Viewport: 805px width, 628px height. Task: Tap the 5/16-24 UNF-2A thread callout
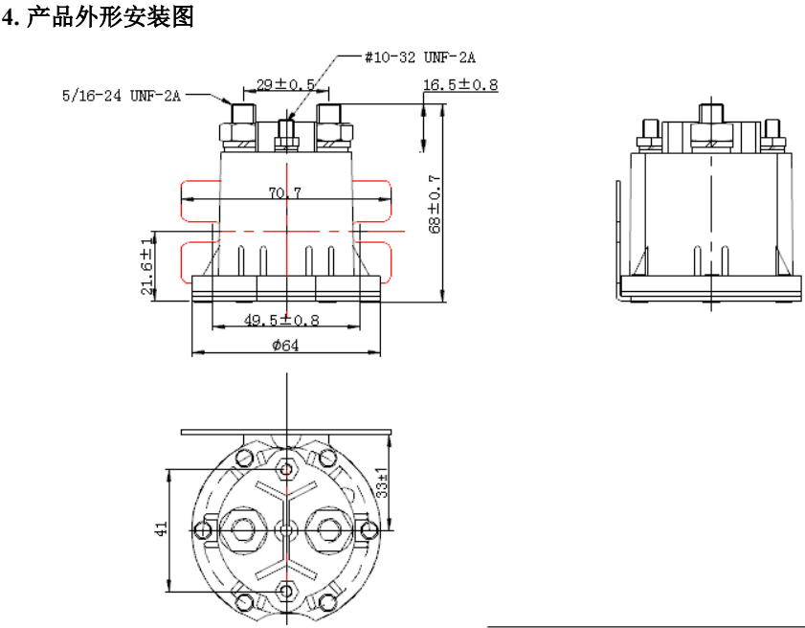click(122, 95)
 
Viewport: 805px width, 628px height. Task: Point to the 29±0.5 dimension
click(286, 85)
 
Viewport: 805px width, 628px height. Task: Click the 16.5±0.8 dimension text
click(460, 85)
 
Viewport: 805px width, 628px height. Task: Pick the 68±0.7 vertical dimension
click(435, 203)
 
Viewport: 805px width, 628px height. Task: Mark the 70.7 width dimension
click(285, 193)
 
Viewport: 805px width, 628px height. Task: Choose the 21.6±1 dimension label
click(146, 273)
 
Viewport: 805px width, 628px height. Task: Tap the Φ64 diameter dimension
click(285, 346)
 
